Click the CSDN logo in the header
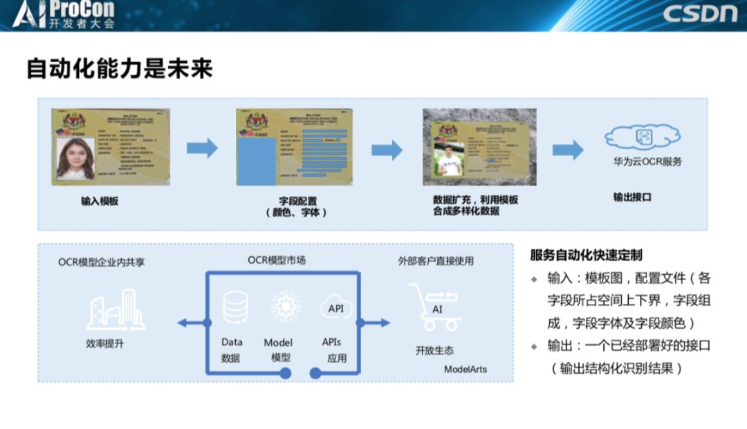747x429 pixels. (x=699, y=14)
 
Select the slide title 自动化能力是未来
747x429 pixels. (x=119, y=69)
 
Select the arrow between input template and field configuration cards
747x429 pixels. (x=202, y=147)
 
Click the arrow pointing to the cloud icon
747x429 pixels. (x=567, y=149)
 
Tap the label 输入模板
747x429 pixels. (x=100, y=202)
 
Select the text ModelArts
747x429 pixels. (x=465, y=369)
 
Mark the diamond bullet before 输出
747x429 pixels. (x=534, y=346)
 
